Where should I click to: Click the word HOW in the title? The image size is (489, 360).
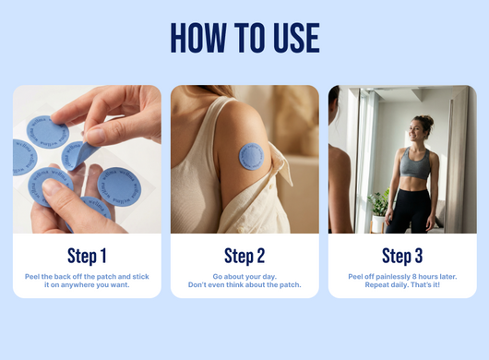point(198,38)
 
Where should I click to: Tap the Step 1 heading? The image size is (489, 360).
point(87,256)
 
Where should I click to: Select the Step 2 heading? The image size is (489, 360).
point(244,256)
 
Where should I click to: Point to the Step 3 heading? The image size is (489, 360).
point(402,256)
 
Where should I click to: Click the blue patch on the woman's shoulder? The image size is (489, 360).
point(251,156)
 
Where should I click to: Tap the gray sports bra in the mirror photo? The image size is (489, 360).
point(415,163)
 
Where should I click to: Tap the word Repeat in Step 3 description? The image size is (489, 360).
point(376,285)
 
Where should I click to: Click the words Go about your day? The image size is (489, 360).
point(244,277)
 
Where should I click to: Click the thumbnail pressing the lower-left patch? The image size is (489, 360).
point(52,186)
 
